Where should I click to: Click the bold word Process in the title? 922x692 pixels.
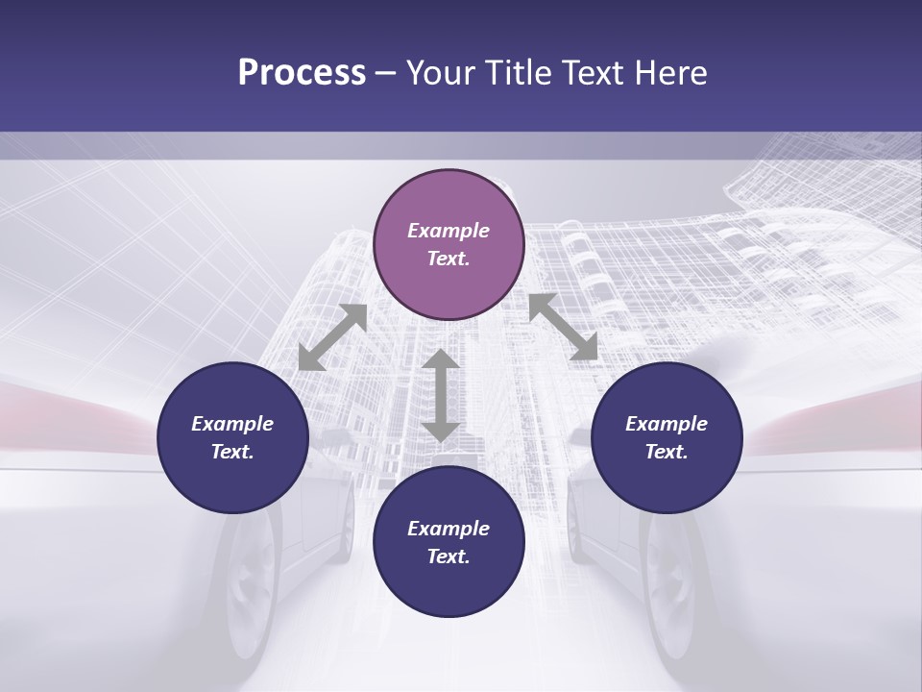(302, 73)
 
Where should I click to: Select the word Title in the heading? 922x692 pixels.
(519, 73)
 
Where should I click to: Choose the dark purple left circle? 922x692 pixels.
(232, 437)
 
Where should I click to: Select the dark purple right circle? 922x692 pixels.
(667, 437)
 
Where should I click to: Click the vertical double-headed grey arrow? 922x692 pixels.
(441, 395)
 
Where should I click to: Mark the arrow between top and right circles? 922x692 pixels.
(563, 327)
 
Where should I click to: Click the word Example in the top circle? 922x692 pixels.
(449, 231)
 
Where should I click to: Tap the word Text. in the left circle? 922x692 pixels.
(232, 452)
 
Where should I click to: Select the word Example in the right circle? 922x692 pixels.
(667, 424)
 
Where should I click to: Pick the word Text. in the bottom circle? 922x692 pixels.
(449, 556)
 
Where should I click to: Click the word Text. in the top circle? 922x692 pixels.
(449, 259)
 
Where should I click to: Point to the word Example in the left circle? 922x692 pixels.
(232, 424)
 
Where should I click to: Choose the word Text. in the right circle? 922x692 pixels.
(667, 452)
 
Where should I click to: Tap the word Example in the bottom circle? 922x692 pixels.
(449, 529)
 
